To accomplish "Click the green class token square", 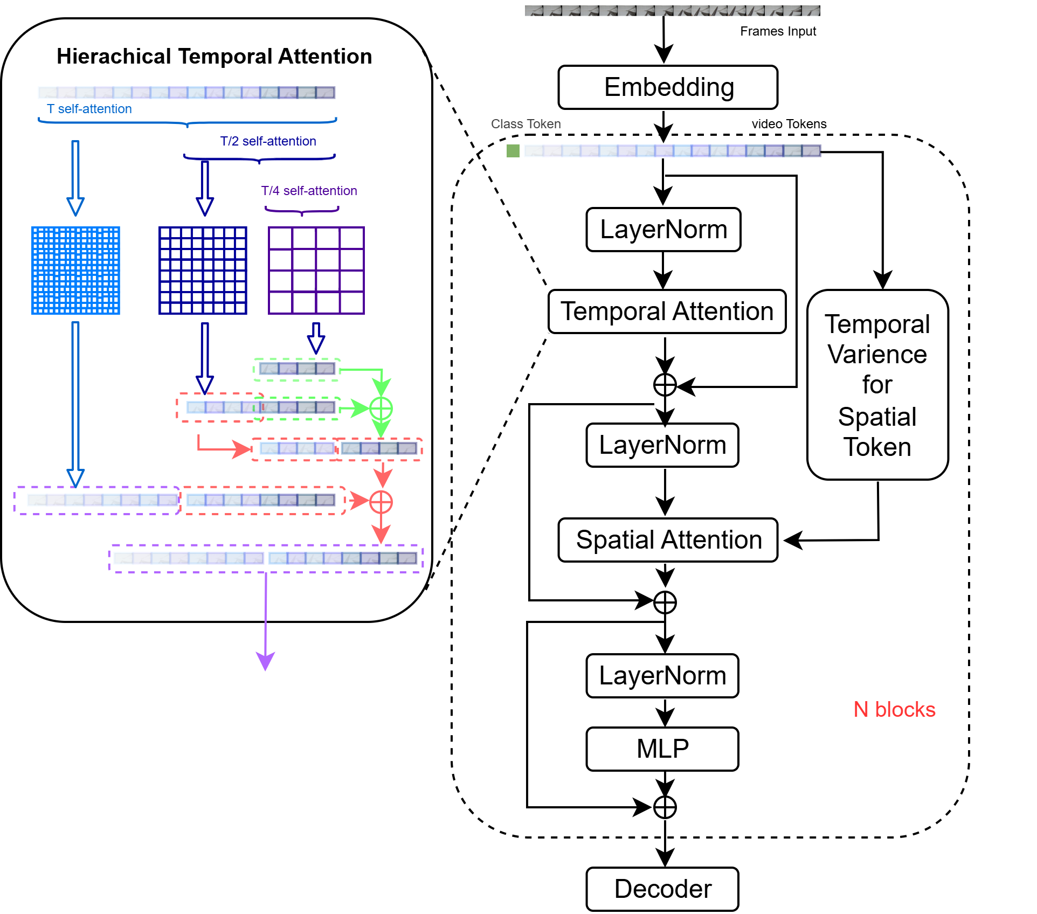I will pyautogui.click(x=513, y=151).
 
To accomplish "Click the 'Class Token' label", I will pyautogui.click(x=526, y=124).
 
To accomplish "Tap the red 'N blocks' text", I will pyautogui.click(x=894, y=709).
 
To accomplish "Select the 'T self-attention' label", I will pyautogui.click(x=89, y=109).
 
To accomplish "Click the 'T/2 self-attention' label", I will pyautogui.click(x=268, y=141).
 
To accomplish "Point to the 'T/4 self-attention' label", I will pyautogui.click(x=309, y=191).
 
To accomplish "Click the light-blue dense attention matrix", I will pyautogui.click(x=75, y=270).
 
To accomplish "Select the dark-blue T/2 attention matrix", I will pyautogui.click(x=203, y=270).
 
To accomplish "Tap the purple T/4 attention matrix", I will pyautogui.click(x=316, y=270).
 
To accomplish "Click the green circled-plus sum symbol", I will pyautogui.click(x=381, y=408).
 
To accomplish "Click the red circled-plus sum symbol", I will pyautogui.click(x=381, y=502).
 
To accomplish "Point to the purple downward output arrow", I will pyautogui.click(x=265, y=620).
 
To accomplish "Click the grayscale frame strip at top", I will pyautogui.click(x=672, y=11).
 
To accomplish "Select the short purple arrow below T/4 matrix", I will pyautogui.click(x=316, y=338).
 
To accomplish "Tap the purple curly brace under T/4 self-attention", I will pyautogui.click(x=302, y=211).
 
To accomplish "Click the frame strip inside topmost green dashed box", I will pyautogui.click(x=297, y=369).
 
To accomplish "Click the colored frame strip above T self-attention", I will pyautogui.click(x=186, y=93).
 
